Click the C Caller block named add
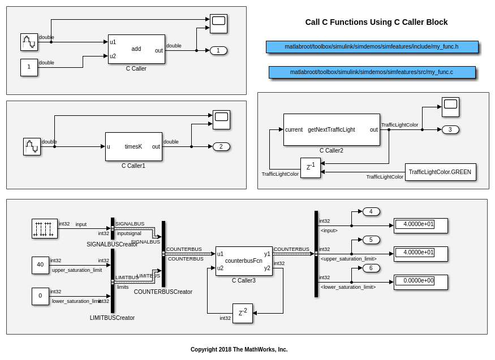pos(136,49)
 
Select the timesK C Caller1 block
pos(134,146)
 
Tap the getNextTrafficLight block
pos(332,129)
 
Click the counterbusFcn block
pos(244,261)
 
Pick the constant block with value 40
pos(40,265)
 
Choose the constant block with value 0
pos(40,296)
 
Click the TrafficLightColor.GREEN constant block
pos(440,172)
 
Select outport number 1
pos(218,50)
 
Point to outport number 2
pos(221,146)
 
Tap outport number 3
pos(450,129)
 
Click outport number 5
pos(371,240)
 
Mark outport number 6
pos(371,268)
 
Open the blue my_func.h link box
pos(372,47)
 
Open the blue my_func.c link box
pos(372,72)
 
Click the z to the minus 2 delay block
pos(242,313)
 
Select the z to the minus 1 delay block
pos(310,167)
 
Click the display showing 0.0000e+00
pos(420,281)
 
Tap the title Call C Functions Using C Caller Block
pos(376,22)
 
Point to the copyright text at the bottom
pos(239,349)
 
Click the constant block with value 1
pos(29,67)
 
